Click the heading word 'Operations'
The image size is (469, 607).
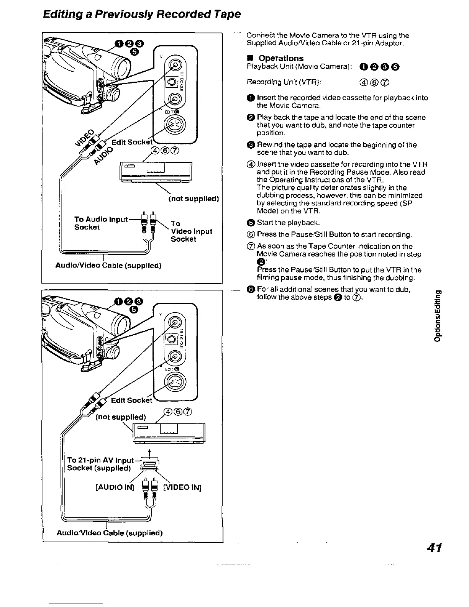coord(281,58)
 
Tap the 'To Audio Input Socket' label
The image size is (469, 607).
coord(100,223)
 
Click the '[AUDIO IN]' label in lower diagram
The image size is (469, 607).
coord(115,487)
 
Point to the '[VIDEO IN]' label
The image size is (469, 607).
coord(182,487)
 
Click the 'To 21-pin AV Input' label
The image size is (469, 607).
coord(100,460)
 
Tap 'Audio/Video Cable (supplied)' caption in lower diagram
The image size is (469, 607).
coord(110,533)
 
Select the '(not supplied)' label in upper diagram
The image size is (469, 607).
coord(194,199)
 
